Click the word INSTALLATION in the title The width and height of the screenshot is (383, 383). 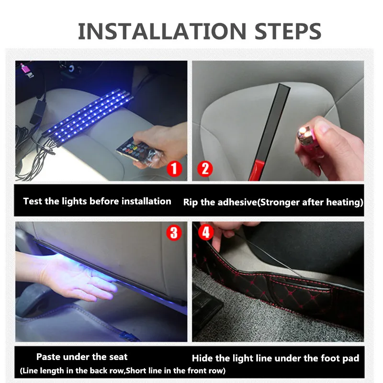(x=162, y=31)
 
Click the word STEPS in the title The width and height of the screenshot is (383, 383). (x=288, y=31)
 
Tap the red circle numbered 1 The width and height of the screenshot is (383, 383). (x=174, y=169)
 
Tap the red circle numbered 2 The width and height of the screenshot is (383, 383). (x=205, y=169)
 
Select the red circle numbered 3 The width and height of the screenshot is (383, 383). (x=174, y=233)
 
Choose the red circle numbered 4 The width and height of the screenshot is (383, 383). (x=206, y=232)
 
